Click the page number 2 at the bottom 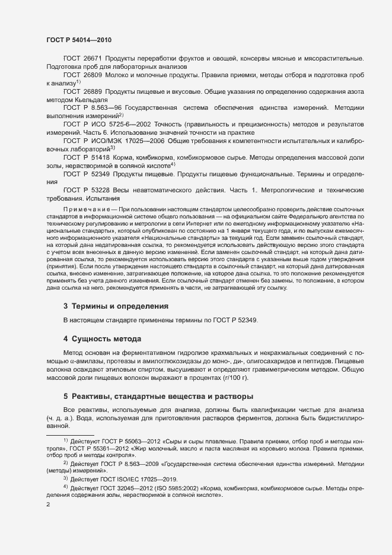(48, 505)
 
